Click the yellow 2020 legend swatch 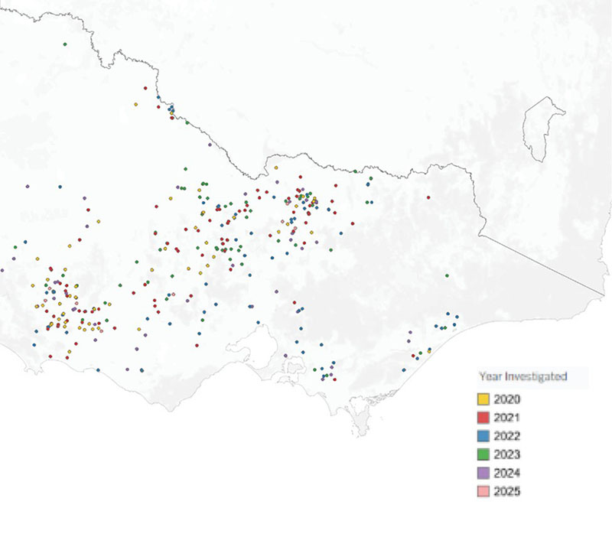[x=483, y=399]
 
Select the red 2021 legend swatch [x=483, y=418]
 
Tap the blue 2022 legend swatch [x=483, y=436]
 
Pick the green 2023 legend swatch [x=483, y=454]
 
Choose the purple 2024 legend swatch [x=483, y=473]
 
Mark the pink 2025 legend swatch [x=483, y=491]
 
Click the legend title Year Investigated [x=522, y=376]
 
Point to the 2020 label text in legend [x=507, y=399]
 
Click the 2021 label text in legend [x=507, y=418]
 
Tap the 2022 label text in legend [x=507, y=436]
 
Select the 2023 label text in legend [x=507, y=454]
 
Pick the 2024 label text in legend [x=507, y=473]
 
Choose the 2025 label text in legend [x=507, y=491]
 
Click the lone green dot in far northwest [x=65, y=44]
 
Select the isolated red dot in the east [x=428, y=198]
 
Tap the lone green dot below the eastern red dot [x=447, y=275]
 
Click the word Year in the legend [x=490, y=376]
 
